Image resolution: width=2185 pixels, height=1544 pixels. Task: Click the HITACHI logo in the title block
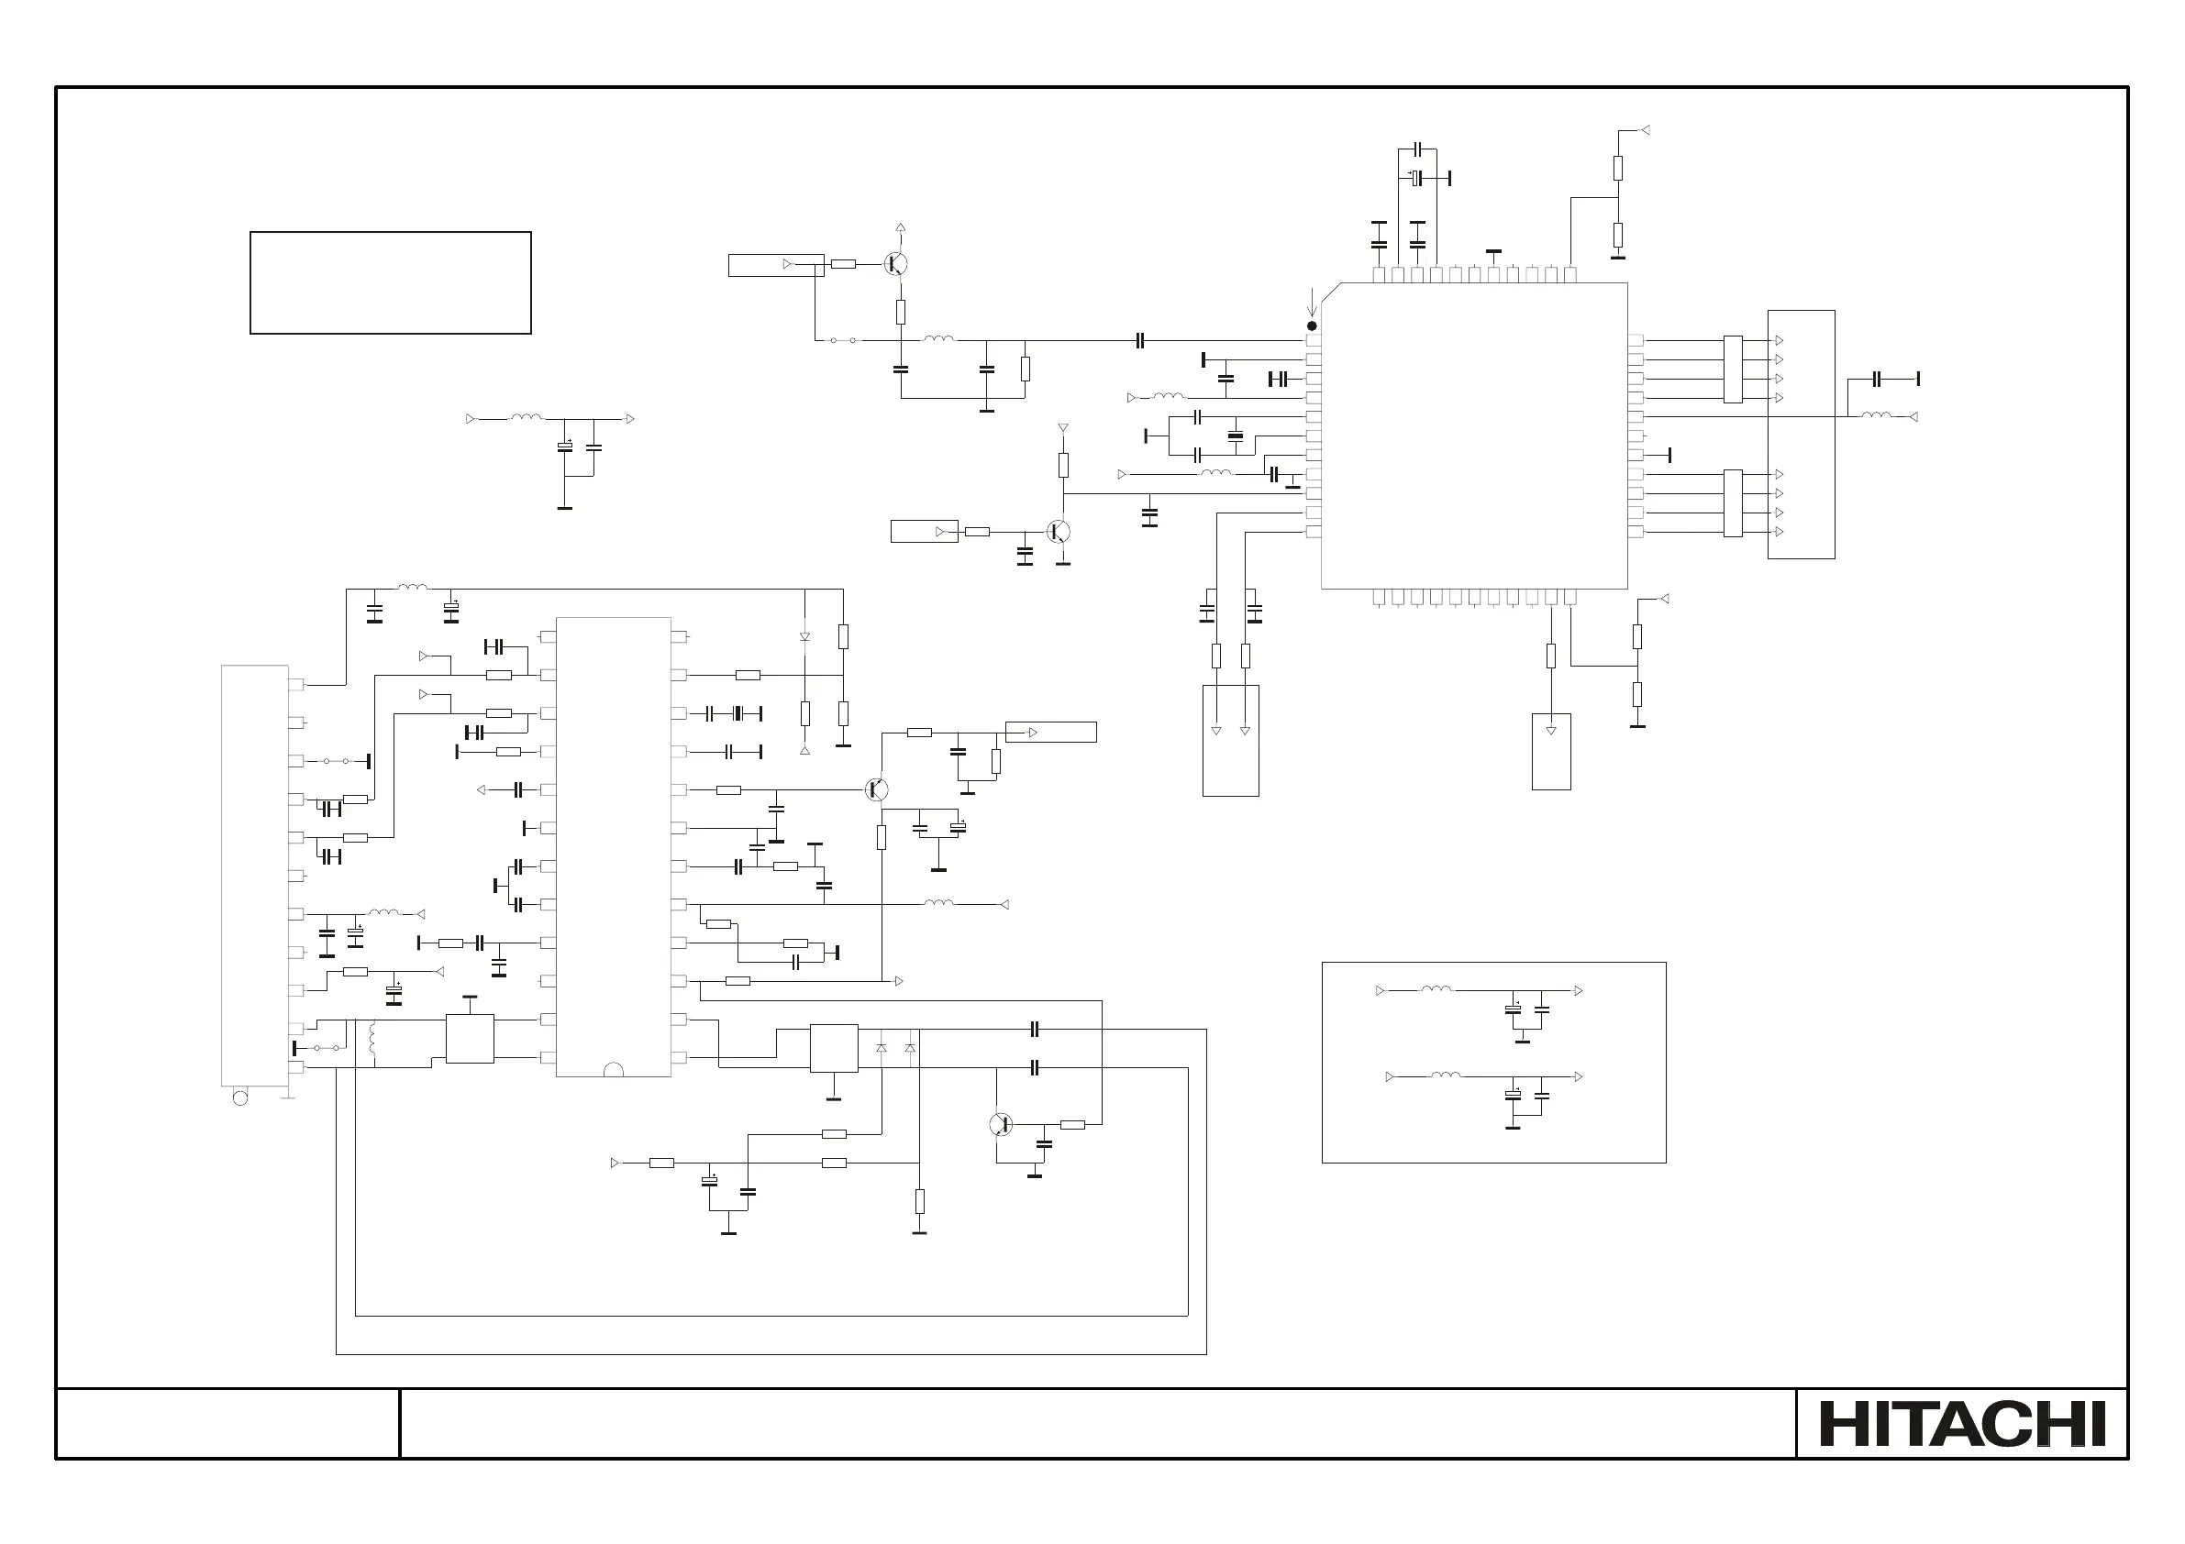coord(1961,1423)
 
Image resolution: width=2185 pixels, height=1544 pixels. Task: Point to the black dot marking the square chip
coord(1312,325)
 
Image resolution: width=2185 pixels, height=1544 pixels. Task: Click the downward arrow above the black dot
coord(1313,302)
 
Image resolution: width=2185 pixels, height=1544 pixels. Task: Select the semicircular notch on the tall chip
coord(614,1070)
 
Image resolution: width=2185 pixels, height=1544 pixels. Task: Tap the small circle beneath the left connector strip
coord(239,1097)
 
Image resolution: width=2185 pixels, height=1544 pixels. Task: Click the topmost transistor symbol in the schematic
coord(894,263)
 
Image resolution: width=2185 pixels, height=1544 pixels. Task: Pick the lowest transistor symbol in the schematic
coord(1000,1124)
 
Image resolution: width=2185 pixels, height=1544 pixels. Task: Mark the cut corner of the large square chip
coord(1330,292)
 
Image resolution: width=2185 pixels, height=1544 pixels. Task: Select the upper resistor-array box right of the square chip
coord(1732,369)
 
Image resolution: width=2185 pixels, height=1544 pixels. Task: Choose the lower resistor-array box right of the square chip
coord(1732,503)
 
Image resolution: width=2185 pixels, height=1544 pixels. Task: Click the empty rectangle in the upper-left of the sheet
coord(390,282)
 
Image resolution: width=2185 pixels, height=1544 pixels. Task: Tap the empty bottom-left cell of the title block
coord(227,1423)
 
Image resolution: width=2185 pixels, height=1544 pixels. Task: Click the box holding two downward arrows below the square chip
coord(1230,740)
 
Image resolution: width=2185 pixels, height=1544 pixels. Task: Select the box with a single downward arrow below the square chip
coord(1551,752)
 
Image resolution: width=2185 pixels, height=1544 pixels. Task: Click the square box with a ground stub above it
coord(469,1038)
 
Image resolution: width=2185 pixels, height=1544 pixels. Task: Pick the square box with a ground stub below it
coord(834,1047)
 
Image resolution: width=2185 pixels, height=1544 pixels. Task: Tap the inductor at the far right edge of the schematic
coord(1877,414)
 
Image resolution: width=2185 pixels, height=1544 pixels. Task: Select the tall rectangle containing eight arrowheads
coord(1801,435)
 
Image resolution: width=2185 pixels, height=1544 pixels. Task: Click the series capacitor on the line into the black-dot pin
coord(1140,340)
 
